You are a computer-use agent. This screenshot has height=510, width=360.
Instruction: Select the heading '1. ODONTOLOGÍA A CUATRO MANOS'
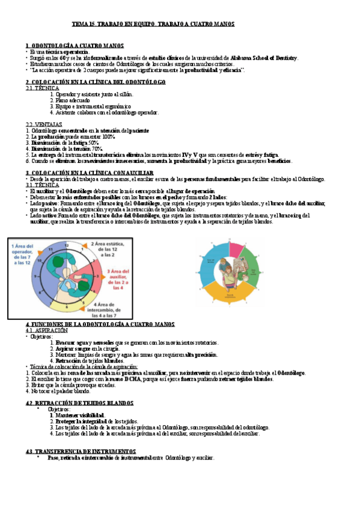pyautogui.click(x=75, y=46)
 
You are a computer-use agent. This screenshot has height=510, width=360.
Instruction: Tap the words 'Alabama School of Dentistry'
pyautogui.click(x=263, y=57)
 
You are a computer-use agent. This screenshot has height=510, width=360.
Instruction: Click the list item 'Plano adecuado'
pyautogui.click(x=79, y=100)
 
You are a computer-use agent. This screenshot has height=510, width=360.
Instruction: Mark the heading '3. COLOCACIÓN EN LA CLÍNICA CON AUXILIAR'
pyautogui.click(x=90, y=173)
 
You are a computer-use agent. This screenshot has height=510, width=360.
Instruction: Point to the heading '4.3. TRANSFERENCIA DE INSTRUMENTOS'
pyautogui.click(x=81, y=451)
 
